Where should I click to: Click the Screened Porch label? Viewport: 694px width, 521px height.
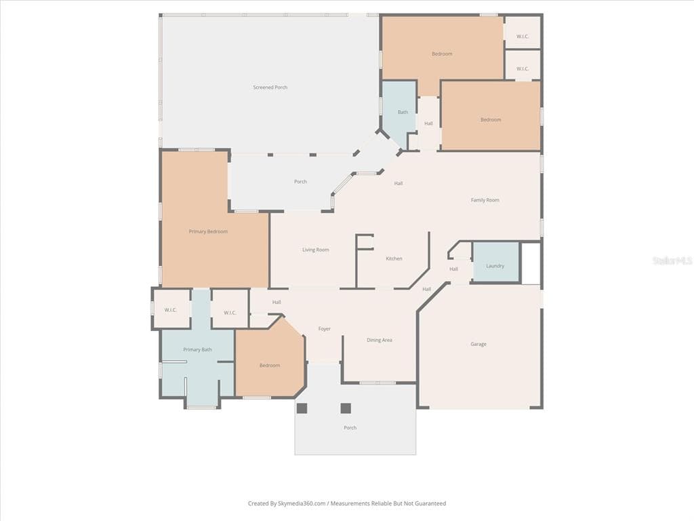[270, 88]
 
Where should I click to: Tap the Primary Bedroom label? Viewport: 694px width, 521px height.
[208, 231]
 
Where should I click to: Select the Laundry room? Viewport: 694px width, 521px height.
[495, 261]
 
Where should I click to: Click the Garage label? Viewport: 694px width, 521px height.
[478, 344]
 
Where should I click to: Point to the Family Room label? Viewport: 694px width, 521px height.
[485, 200]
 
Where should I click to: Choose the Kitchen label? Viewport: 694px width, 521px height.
[394, 258]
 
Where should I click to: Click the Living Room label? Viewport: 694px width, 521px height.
[316, 250]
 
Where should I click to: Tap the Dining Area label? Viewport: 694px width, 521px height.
[380, 340]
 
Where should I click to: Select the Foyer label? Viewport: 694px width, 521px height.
[325, 329]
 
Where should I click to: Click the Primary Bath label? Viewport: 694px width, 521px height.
[197, 349]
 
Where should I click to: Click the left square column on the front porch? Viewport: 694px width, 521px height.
[302, 408]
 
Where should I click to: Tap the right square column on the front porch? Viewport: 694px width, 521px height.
[346, 408]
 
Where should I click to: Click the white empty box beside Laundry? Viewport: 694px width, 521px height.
[531, 263]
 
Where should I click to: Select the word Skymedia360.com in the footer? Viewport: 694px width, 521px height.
[302, 503]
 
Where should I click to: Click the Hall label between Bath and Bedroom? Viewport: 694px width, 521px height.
[428, 123]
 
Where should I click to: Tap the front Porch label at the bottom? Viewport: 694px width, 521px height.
[350, 427]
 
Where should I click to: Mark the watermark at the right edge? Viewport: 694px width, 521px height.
[673, 260]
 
